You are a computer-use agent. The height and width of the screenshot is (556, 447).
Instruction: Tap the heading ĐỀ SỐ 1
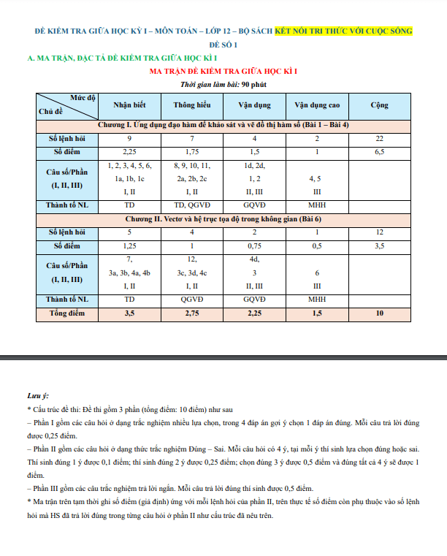coord(223,45)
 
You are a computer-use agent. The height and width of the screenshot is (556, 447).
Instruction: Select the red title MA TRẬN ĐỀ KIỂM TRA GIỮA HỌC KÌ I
coord(223,71)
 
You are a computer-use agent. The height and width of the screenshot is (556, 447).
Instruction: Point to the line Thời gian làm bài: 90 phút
coord(223,85)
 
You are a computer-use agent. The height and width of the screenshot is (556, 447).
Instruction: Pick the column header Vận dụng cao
coord(317,105)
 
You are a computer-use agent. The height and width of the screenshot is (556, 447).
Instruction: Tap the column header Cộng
coord(379,105)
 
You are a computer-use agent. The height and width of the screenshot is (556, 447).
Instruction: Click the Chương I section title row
coord(223,125)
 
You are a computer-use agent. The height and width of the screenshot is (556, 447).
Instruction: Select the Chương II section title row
coord(223,218)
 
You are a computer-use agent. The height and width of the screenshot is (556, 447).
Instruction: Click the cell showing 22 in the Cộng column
coord(379,138)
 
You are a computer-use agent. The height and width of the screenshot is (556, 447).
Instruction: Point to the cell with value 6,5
coord(379,151)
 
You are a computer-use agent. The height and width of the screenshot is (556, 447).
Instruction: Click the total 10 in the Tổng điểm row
coord(379,313)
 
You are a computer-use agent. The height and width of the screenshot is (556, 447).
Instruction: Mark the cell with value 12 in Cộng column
coord(379,232)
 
